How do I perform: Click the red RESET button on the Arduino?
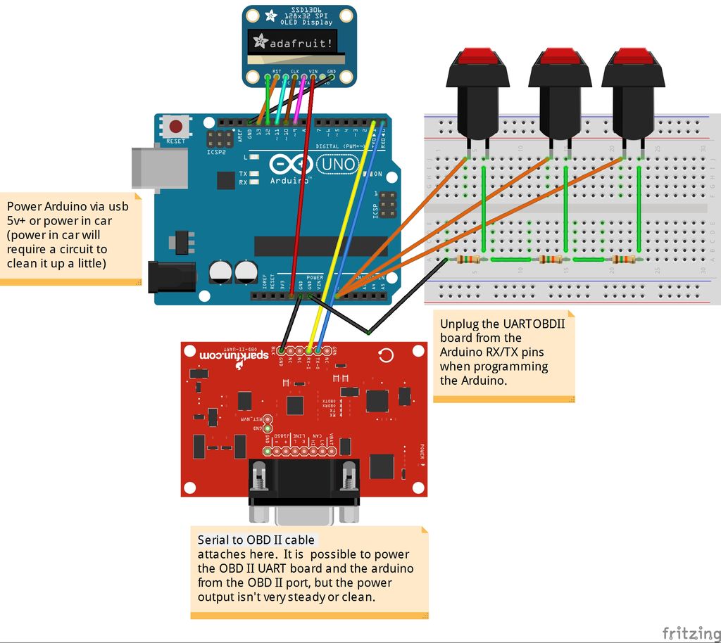175,127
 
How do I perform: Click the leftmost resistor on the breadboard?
470,260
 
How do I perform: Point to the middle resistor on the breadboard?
551,260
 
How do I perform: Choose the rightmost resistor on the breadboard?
624,260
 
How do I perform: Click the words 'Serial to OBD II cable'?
256,540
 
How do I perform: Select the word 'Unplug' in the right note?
460,324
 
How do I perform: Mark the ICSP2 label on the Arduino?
215,151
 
